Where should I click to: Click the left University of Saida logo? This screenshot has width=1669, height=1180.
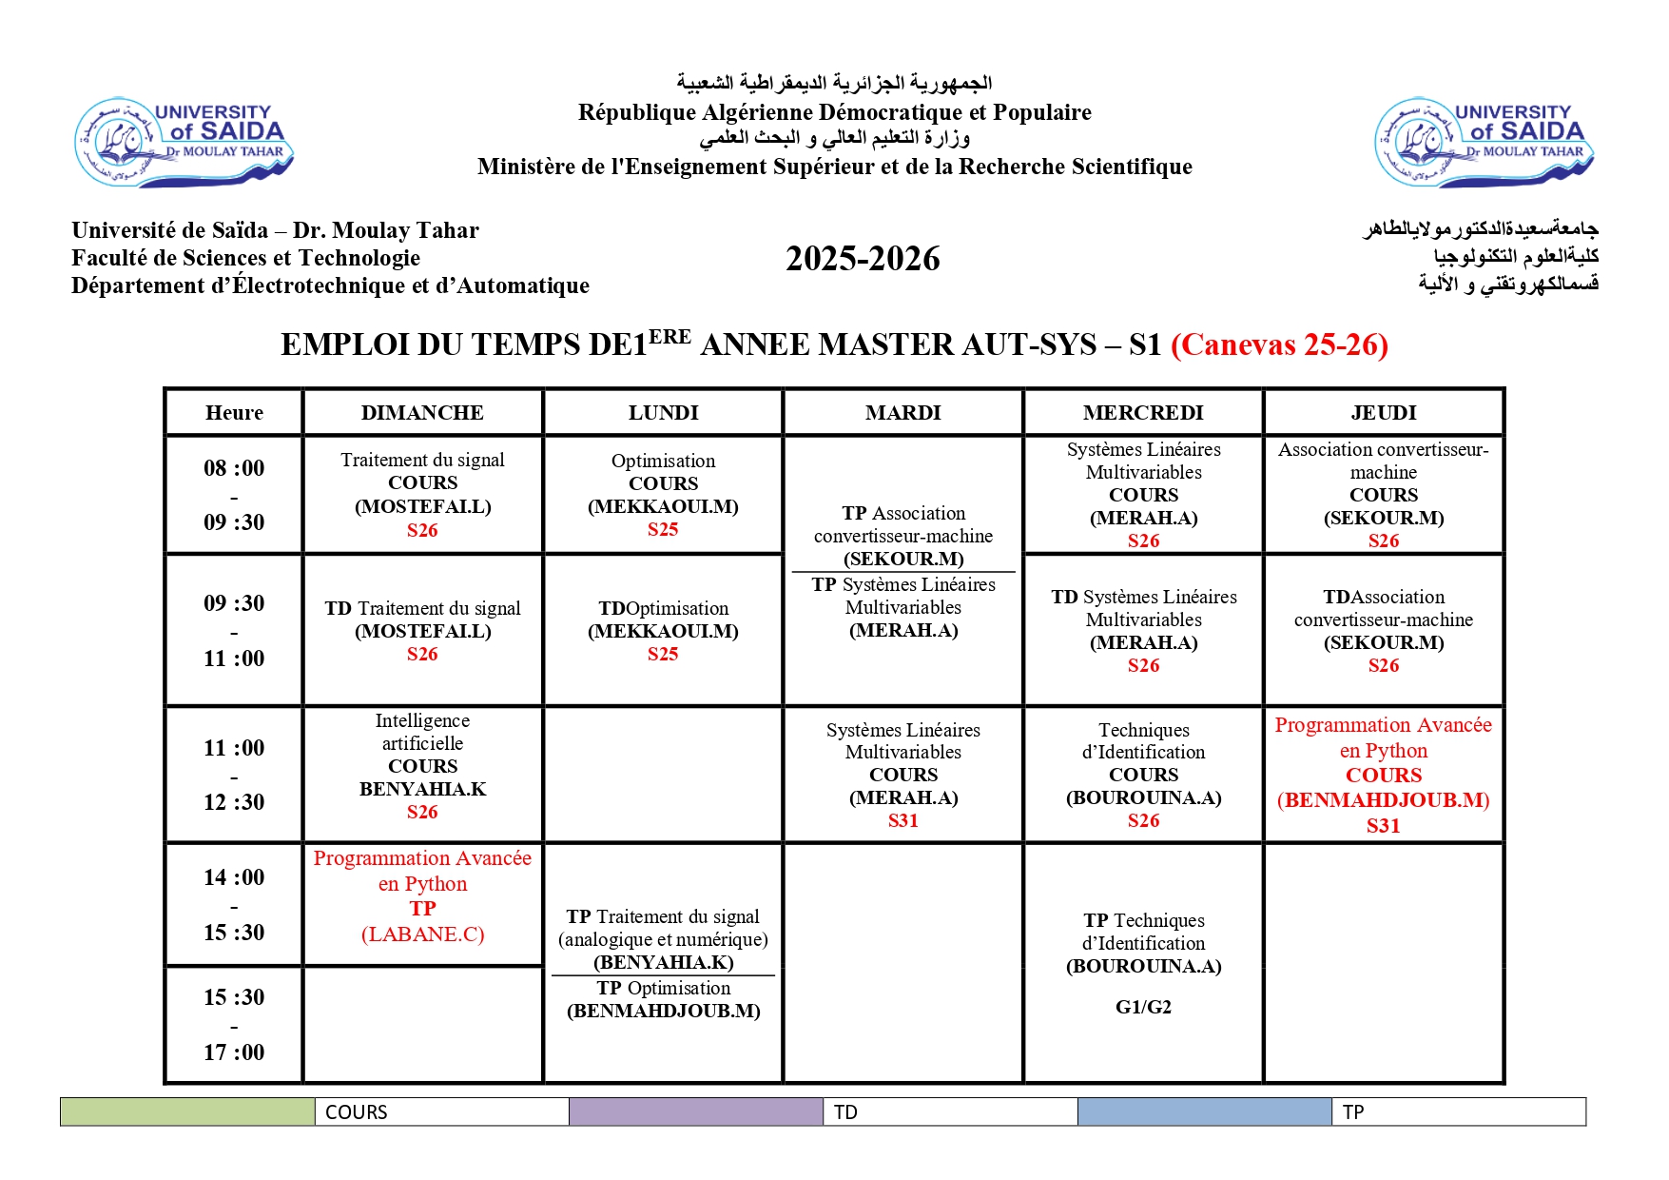pyautogui.click(x=184, y=142)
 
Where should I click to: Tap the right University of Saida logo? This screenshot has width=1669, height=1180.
pyautogui.click(x=1484, y=143)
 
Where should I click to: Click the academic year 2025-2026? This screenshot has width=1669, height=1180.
pyautogui.click(x=863, y=259)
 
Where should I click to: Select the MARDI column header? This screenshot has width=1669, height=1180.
pyautogui.click(x=902, y=413)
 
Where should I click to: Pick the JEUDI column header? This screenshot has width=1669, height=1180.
pyautogui.click(x=1383, y=413)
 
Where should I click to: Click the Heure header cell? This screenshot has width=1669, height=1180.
pyautogui.click(x=234, y=413)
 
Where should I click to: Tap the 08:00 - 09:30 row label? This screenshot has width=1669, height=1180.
pyautogui.click(x=234, y=495)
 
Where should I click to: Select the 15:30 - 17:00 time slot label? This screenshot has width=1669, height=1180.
pyautogui.click(x=234, y=1025)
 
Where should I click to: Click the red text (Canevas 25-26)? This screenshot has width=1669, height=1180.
pyautogui.click(x=1279, y=344)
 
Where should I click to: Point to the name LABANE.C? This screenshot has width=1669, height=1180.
pyautogui.click(x=422, y=934)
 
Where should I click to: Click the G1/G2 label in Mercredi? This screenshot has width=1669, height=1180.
pyautogui.click(x=1143, y=1007)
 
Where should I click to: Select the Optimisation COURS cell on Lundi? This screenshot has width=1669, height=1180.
pyautogui.click(x=663, y=495)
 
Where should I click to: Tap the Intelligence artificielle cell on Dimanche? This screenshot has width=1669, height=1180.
pyautogui.click(x=422, y=766)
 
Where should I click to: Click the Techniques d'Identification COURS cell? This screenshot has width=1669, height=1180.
pyautogui.click(x=1143, y=775)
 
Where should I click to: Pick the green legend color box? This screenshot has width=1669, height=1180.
pyautogui.click(x=187, y=1111)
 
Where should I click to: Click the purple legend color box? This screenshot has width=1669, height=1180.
pyautogui.click(x=696, y=1111)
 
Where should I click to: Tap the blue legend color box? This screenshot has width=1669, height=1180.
pyautogui.click(x=1204, y=1111)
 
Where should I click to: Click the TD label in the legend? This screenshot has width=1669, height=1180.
pyautogui.click(x=845, y=1112)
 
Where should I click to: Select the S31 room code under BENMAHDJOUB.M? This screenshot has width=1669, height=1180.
pyautogui.click(x=1383, y=826)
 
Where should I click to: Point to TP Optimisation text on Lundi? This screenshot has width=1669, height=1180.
pyautogui.click(x=663, y=989)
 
